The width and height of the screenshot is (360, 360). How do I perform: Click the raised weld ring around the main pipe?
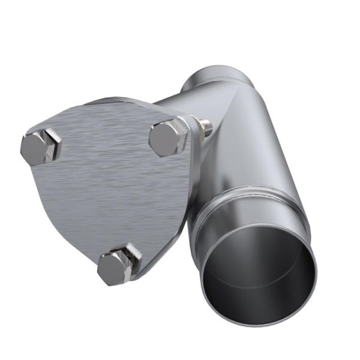coord(240,198)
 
